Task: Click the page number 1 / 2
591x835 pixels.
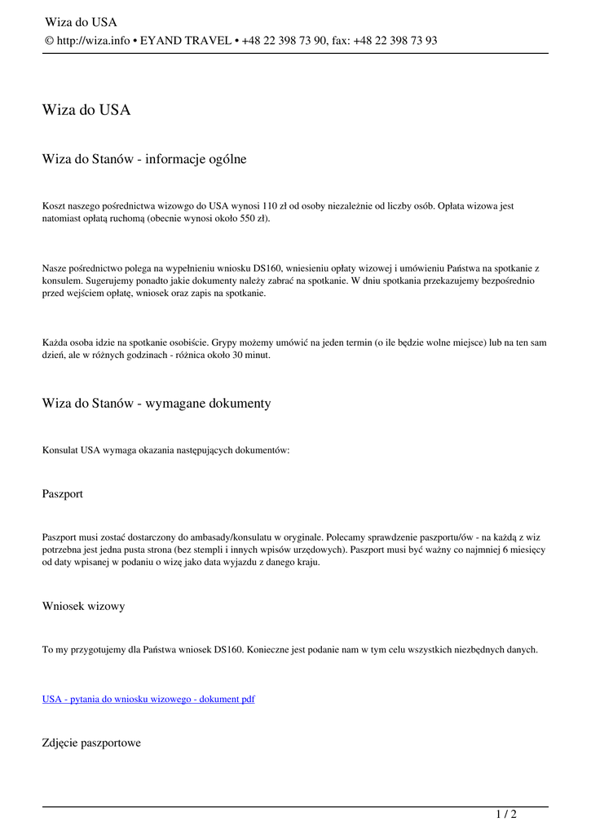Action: pyautogui.click(x=506, y=814)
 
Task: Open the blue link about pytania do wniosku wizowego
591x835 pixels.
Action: pyautogui.click(x=148, y=699)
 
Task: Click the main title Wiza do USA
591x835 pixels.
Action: pyautogui.click(x=86, y=110)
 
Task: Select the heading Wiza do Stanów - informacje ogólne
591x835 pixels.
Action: pyautogui.click(x=144, y=160)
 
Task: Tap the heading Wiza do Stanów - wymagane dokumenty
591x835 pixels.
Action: pyautogui.click(x=157, y=404)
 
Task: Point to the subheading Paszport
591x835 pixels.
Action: pyautogui.click(x=62, y=494)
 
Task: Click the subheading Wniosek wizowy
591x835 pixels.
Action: pyautogui.click(x=83, y=606)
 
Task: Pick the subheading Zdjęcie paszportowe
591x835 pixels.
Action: pyautogui.click(x=91, y=743)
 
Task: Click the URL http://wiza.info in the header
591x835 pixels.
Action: pyautogui.click(x=93, y=41)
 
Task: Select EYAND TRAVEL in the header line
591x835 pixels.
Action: pyautogui.click(x=186, y=41)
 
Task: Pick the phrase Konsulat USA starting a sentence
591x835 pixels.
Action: pyautogui.click(x=72, y=450)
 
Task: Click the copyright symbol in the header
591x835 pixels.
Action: pyautogui.click(x=48, y=41)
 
